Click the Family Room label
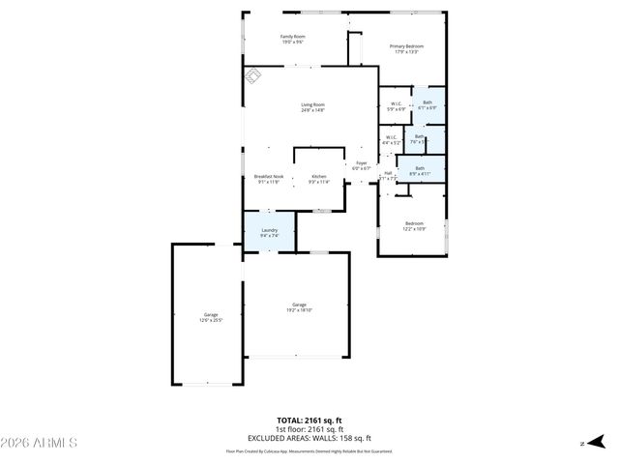[292, 39]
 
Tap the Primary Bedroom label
[406, 48]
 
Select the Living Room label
[312, 107]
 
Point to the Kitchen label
[319, 179]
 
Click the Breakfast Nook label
[269, 179]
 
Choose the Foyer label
[361, 165]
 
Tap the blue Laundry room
[269, 232]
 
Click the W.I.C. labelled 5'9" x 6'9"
[397, 106]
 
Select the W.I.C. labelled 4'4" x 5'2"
[390, 140]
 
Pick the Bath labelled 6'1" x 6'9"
[427, 104]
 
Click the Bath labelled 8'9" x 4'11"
[420, 170]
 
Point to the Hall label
[387, 176]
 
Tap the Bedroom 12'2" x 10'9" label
[414, 226]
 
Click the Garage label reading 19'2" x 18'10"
[300, 307]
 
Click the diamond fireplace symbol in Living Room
[252, 76]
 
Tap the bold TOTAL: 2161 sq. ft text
[309, 421]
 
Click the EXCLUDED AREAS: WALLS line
[309, 438]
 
